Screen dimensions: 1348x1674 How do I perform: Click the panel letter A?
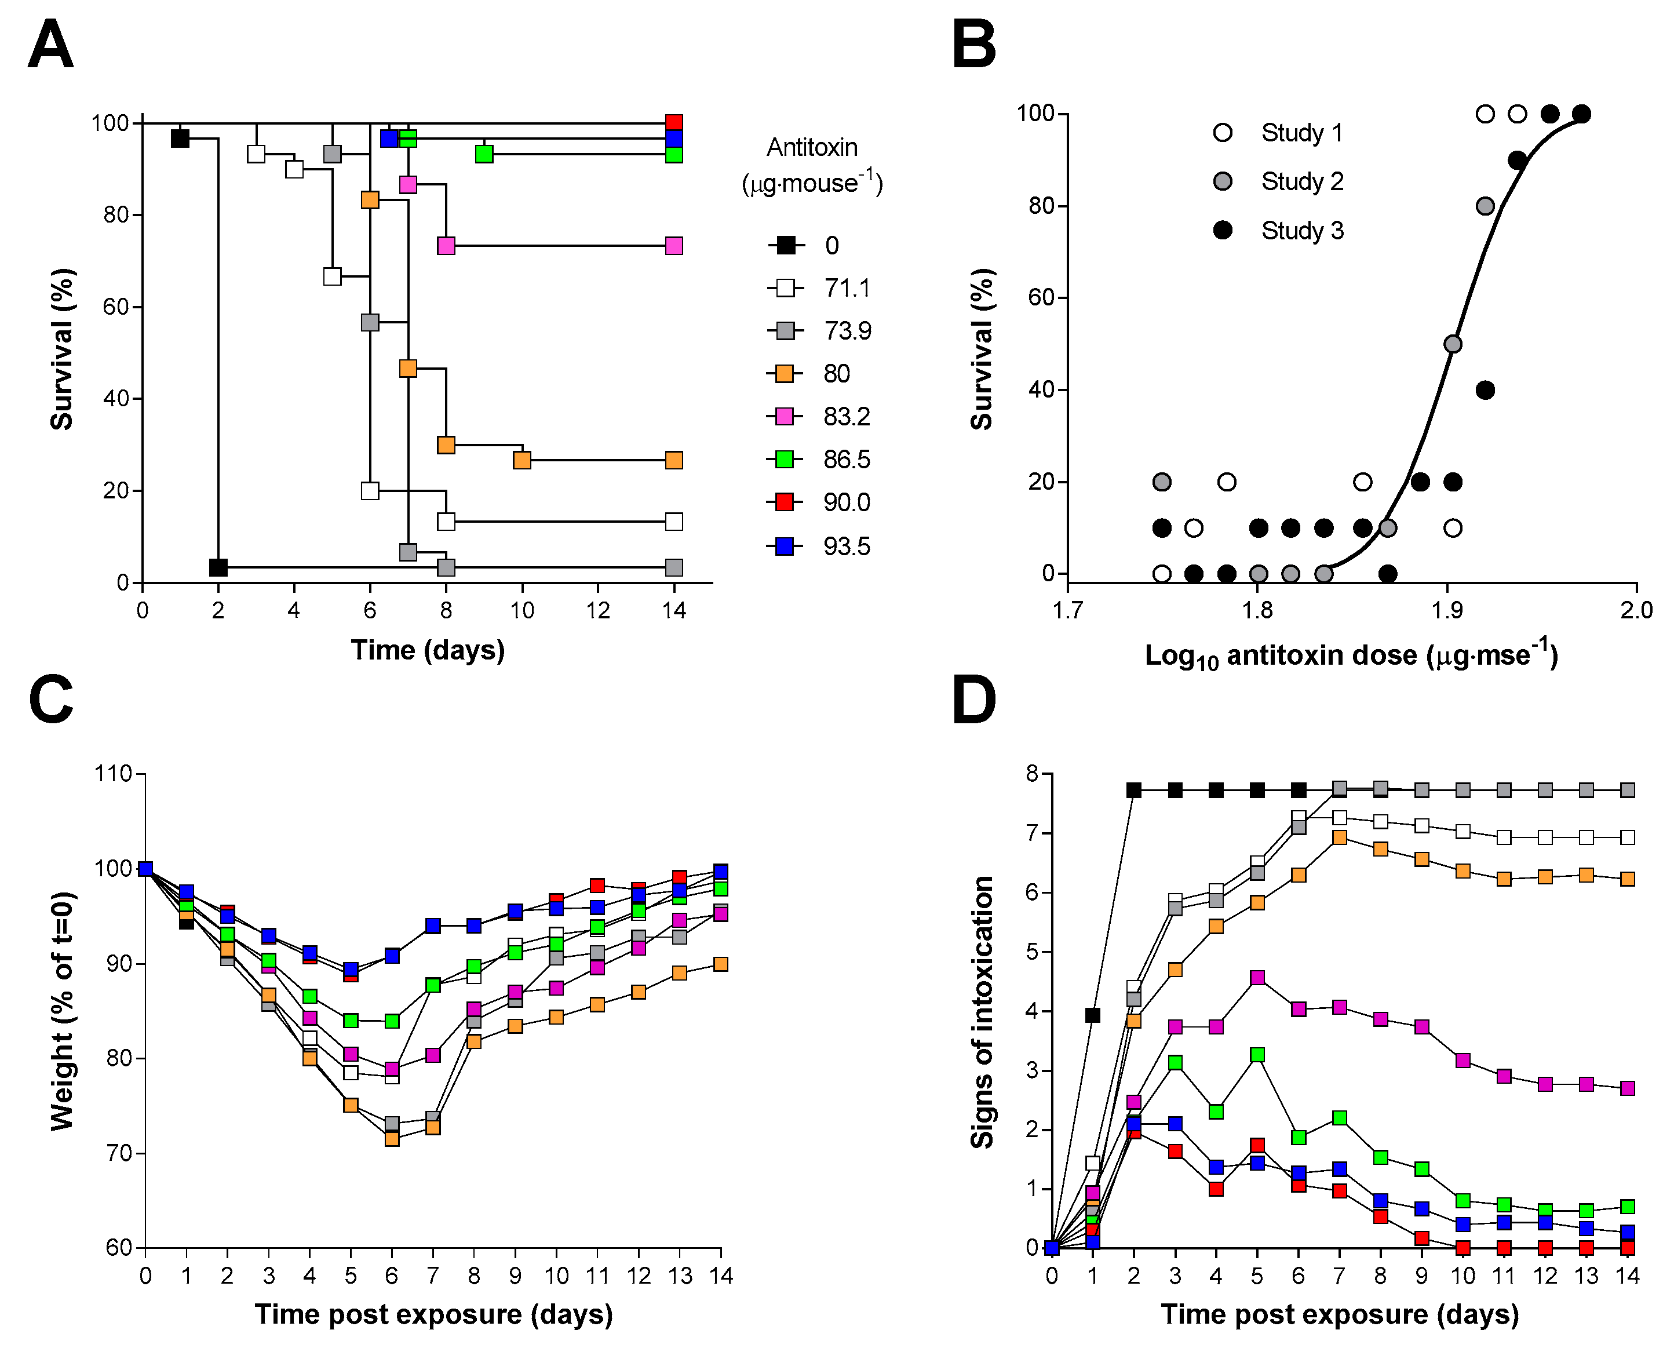coord(50,45)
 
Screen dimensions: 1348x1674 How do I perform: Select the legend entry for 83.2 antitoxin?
coord(822,417)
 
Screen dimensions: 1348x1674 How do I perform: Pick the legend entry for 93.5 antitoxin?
coord(822,547)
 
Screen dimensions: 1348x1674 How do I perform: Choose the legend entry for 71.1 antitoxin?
coord(822,288)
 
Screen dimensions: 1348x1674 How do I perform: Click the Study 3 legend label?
coord(1302,231)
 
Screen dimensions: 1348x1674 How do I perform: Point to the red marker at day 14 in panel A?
coord(674,123)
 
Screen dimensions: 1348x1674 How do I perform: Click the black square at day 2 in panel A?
coord(218,567)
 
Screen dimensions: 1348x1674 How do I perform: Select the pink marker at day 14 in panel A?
coord(674,246)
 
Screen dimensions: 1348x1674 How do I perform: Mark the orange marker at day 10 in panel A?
coord(521,461)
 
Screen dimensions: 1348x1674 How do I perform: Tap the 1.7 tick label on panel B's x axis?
coord(1067,611)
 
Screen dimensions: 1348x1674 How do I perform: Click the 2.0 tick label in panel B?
coord(1636,611)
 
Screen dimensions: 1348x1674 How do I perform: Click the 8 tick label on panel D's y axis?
coord(1032,774)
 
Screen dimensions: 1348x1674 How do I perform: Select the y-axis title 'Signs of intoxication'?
coord(982,1012)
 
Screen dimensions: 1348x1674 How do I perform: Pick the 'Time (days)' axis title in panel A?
coord(428,650)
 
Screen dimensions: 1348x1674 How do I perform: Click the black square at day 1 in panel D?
coord(1092,1015)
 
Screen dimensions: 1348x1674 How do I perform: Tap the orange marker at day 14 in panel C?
coord(721,964)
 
